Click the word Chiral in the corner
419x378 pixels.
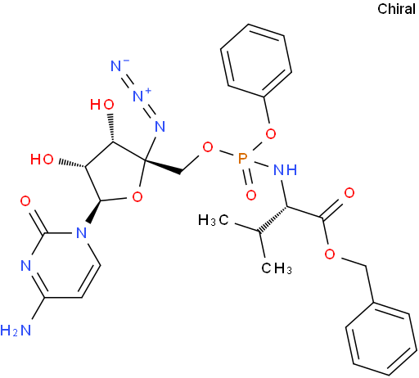(x=396, y=9)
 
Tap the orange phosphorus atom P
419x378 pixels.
(x=242, y=159)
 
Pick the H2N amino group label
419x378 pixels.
(x=16, y=331)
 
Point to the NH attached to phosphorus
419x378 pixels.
(x=285, y=170)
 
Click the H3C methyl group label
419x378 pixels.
(x=214, y=220)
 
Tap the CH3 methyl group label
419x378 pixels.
(x=277, y=268)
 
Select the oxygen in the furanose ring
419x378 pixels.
(x=137, y=196)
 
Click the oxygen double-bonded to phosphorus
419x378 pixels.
(x=251, y=195)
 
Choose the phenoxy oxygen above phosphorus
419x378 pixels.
(x=271, y=134)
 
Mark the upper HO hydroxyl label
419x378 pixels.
(x=102, y=105)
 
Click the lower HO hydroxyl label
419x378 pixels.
(x=42, y=159)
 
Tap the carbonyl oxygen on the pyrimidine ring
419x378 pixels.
(x=25, y=201)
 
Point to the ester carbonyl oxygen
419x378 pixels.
(x=349, y=193)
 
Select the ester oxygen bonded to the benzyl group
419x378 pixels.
(x=330, y=254)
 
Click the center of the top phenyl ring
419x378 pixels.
(x=256, y=61)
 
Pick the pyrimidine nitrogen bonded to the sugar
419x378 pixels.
(x=81, y=232)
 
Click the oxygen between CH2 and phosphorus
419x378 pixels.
(x=208, y=147)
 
